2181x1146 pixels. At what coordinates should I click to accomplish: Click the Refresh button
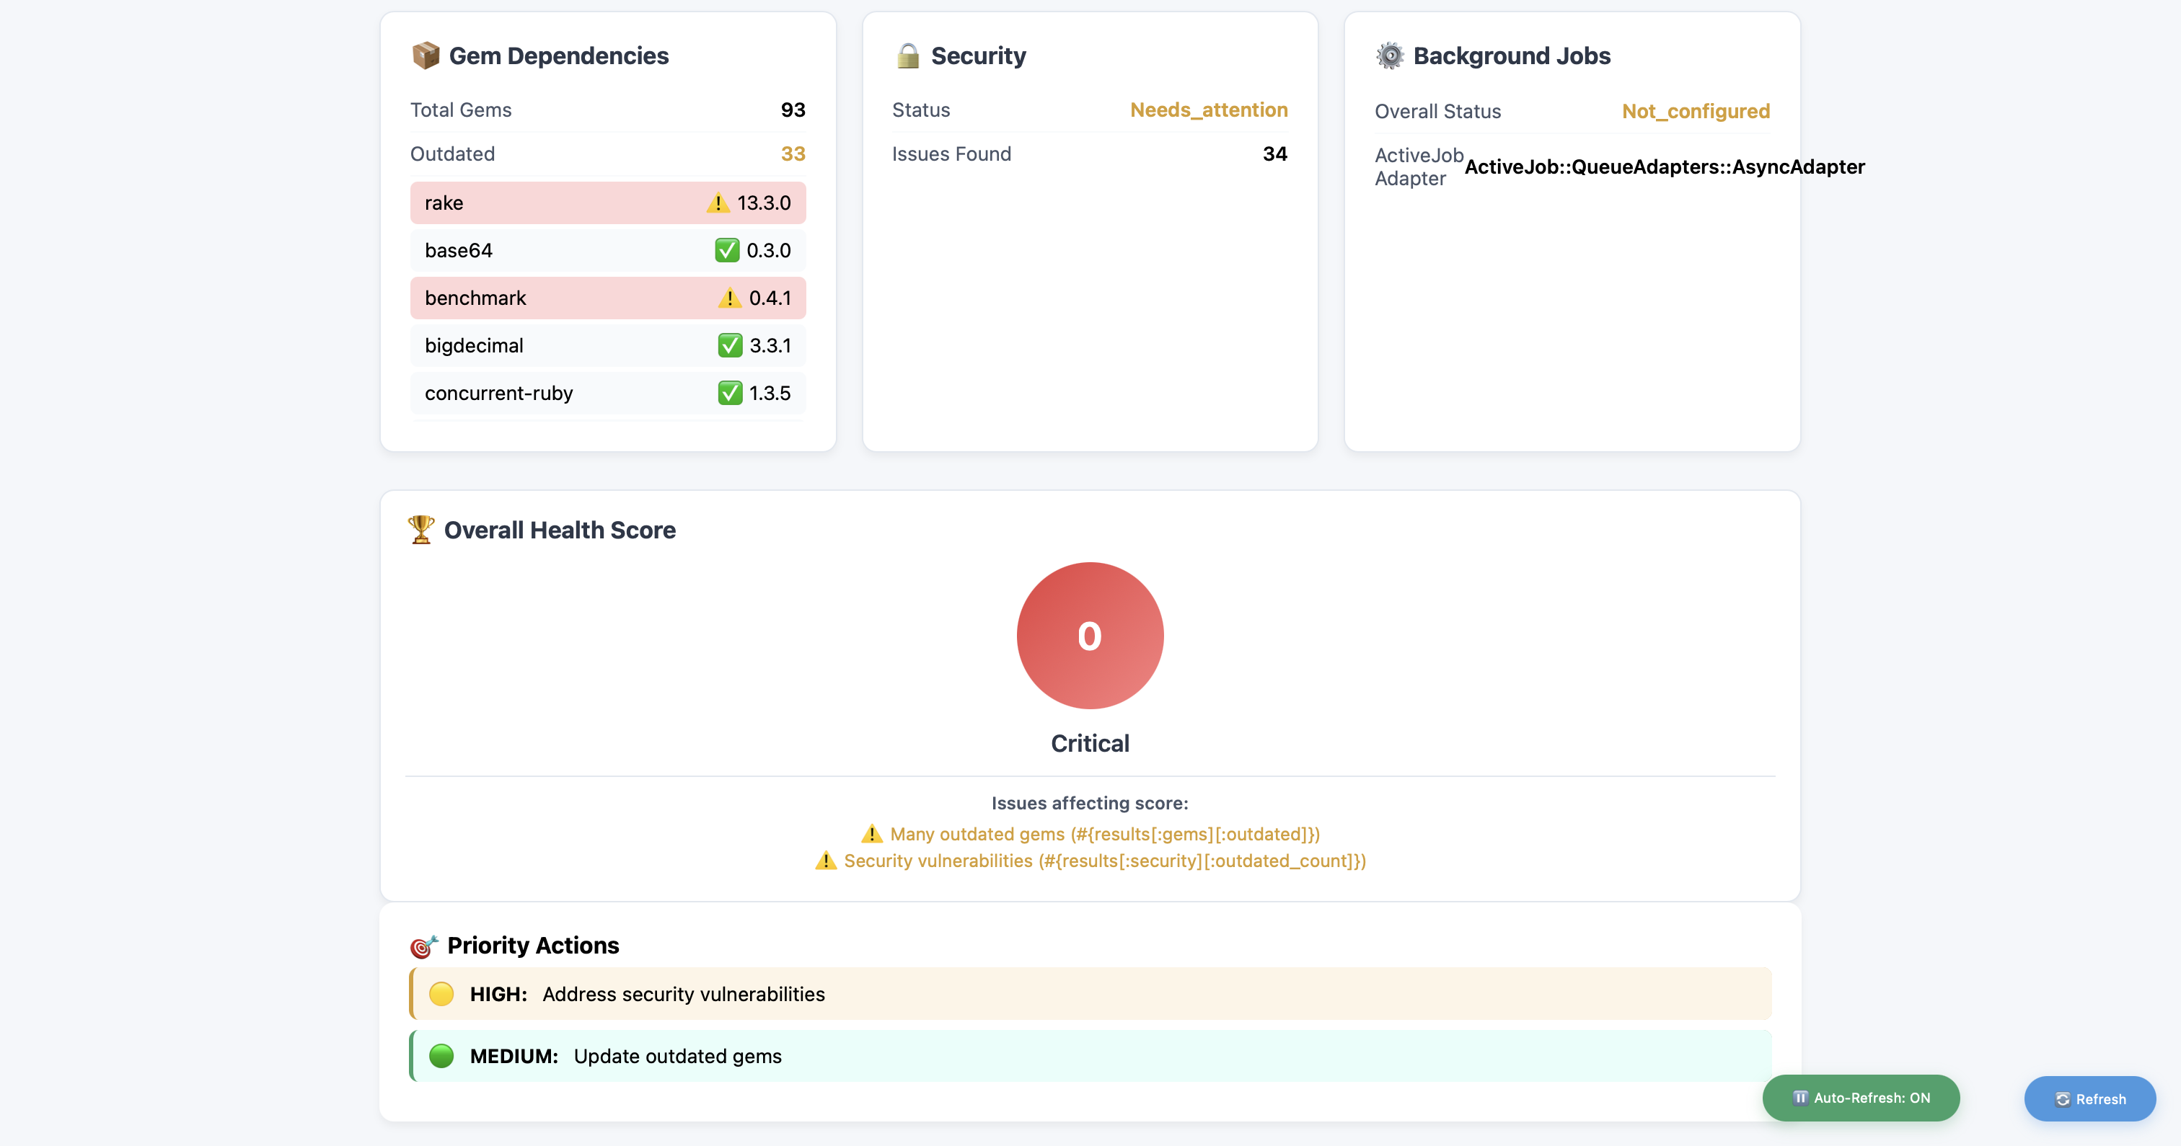(2089, 1098)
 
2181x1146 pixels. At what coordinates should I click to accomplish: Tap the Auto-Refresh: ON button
(1860, 1098)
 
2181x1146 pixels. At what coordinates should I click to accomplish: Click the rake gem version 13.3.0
(763, 203)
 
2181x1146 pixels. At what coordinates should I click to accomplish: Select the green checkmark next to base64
(726, 251)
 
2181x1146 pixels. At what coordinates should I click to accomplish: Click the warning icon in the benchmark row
(729, 298)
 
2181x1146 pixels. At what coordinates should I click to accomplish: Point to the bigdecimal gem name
(473, 345)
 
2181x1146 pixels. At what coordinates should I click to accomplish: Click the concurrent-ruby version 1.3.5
(769, 393)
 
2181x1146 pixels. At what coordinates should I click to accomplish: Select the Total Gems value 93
(793, 110)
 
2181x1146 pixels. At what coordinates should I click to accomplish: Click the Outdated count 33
(793, 154)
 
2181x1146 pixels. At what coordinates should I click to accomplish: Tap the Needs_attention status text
(1208, 110)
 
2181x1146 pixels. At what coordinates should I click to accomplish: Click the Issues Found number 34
(1274, 154)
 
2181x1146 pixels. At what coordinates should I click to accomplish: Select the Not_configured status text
(1695, 112)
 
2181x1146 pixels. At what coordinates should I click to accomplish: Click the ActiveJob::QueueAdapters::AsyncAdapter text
(1664, 166)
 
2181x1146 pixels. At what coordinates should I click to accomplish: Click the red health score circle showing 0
(1090, 636)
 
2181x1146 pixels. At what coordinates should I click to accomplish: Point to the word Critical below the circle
(1090, 743)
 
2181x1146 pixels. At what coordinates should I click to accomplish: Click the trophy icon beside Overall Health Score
(420, 530)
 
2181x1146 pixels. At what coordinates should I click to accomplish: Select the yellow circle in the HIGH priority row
(441, 994)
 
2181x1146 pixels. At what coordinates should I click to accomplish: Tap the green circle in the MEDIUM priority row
(441, 1055)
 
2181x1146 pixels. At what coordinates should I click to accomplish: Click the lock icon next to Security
(907, 56)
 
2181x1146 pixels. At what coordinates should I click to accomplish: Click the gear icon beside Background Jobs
(1389, 56)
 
